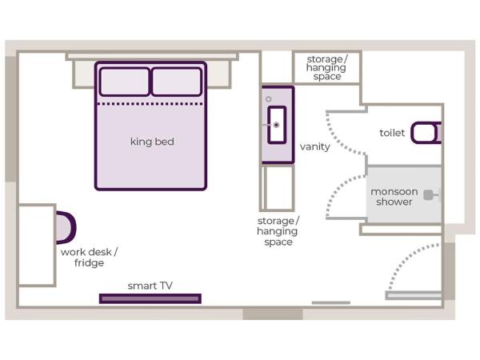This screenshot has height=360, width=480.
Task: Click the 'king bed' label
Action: click(152, 142)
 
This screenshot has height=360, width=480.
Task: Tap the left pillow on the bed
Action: click(124, 82)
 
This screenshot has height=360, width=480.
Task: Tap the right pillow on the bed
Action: click(176, 82)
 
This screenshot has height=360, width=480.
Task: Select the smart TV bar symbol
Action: click(150, 298)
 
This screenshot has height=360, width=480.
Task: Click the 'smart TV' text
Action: click(150, 285)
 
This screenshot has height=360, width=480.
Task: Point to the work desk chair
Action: click(66, 226)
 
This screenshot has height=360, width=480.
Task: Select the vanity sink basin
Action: click(277, 125)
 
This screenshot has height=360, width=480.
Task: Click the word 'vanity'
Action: click(314, 146)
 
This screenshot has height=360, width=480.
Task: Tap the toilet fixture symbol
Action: click(426, 133)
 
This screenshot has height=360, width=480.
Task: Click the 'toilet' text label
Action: click(392, 133)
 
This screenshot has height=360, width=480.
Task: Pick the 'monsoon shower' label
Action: click(394, 197)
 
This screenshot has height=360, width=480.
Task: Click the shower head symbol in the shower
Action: click(430, 194)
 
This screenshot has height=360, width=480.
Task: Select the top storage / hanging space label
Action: click(326, 68)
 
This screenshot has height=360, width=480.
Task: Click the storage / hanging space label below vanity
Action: click(277, 231)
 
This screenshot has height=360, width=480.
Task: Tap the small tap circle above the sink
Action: click(269, 99)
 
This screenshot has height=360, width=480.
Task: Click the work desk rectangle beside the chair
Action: click(36, 245)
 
